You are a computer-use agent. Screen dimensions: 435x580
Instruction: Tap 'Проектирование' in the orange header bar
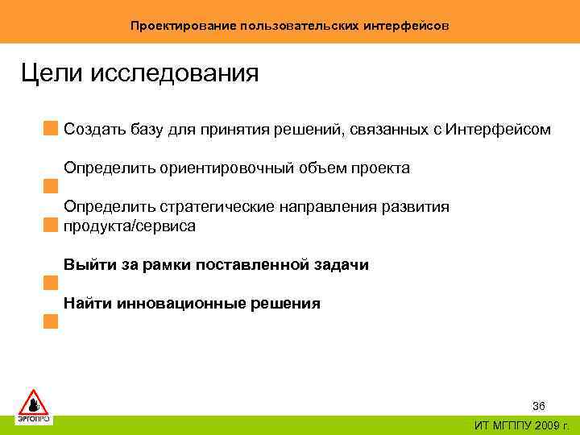pos(183,26)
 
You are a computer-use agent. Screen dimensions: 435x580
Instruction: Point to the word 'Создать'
pos(93,129)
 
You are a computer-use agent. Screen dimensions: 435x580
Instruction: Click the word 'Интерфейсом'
pos(499,129)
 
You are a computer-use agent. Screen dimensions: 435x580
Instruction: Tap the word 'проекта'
pos(380,168)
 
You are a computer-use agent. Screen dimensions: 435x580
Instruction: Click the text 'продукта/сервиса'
pos(130,226)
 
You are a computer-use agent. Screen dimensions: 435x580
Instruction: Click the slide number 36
pos(538,405)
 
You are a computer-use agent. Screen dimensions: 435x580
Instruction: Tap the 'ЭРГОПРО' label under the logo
pos(34,419)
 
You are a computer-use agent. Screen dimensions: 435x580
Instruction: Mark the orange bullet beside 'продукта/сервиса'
pos(52,225)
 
